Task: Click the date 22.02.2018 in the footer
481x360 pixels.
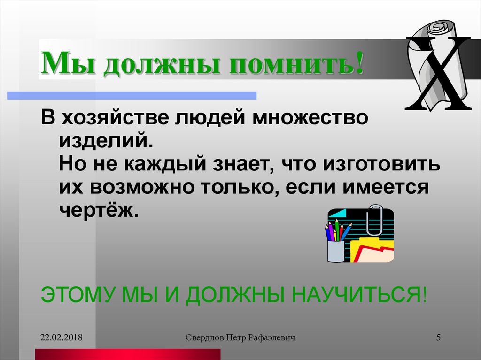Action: click(61, 337)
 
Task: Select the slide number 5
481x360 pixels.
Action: click(438, 337)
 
